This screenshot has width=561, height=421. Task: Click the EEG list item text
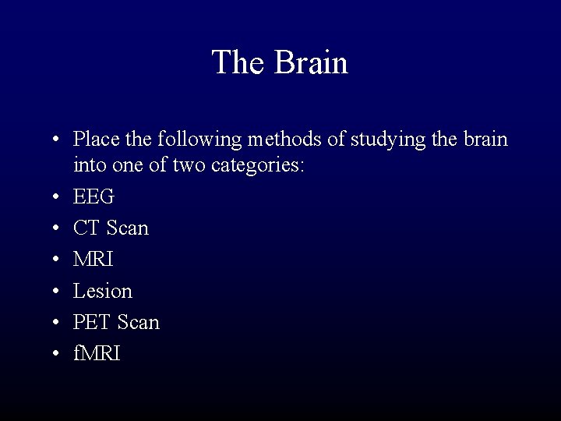tap(93, 196)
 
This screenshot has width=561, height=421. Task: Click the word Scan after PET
tap(137, 322)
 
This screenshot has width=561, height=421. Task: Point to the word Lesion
tap(103, 291)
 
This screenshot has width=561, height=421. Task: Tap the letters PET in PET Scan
tap(93, 322)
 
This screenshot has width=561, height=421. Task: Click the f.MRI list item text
tap(97, 353)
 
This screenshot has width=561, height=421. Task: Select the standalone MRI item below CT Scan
tap(93, 260)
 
